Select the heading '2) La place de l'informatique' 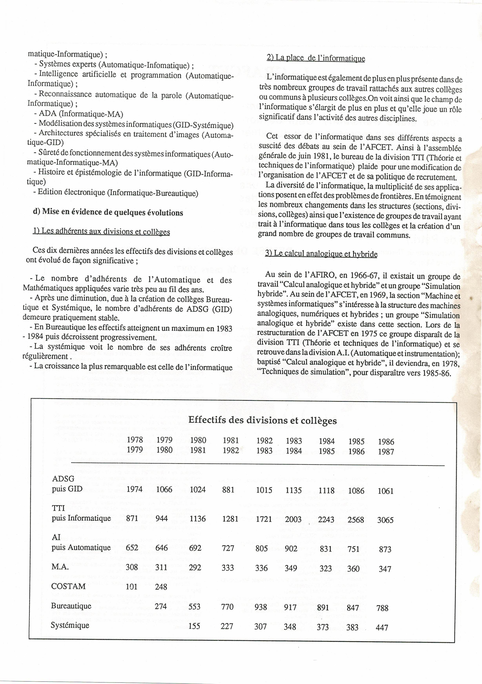pos(316,58)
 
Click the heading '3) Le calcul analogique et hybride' pos(321,254)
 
